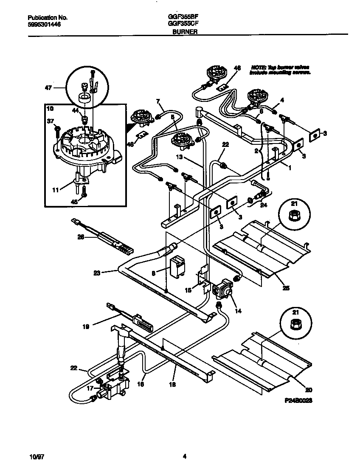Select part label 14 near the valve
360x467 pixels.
click(x=238, y=311)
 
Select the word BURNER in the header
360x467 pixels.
click(x=185, y=32)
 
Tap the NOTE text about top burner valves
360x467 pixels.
click(x=280, y=70)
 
